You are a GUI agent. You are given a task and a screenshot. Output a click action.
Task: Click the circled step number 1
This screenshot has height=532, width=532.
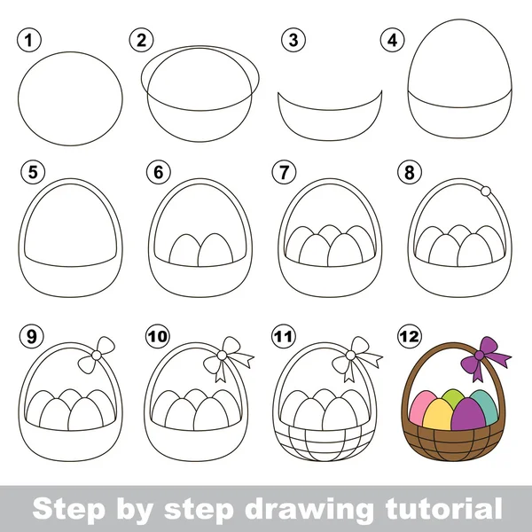pos(29,40)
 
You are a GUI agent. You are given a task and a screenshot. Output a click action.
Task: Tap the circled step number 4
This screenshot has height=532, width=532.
pos(392,40)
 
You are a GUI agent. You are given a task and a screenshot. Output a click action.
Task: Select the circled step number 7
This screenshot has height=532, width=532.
pos(284,172)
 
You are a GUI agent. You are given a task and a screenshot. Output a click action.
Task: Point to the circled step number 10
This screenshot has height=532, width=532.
pos(158,337)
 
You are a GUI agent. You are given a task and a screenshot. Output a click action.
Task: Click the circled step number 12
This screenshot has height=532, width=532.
pos(410,337)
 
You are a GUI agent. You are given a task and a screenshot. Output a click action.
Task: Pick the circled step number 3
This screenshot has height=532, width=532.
pos(293,40)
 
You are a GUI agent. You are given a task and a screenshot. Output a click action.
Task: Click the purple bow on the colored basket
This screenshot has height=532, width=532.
pos(484,357)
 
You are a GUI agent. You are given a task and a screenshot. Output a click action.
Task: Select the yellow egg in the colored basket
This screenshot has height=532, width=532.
pos(437,414)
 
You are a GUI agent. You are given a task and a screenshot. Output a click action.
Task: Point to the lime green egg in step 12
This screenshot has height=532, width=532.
pos(454,397)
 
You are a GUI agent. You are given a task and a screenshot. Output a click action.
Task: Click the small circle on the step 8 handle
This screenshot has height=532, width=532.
pos(486,191)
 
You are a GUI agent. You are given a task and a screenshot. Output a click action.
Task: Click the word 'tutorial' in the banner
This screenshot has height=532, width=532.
pos(443,508)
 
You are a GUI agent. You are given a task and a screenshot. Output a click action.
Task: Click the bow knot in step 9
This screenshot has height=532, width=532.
pos(97,355)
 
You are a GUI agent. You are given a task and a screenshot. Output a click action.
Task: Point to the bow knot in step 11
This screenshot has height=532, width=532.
pos(350,355)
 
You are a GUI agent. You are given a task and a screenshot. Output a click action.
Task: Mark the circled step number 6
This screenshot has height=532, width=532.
pos(159,172)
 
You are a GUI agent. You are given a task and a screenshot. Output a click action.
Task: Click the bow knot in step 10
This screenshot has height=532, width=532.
pos(222,355)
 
